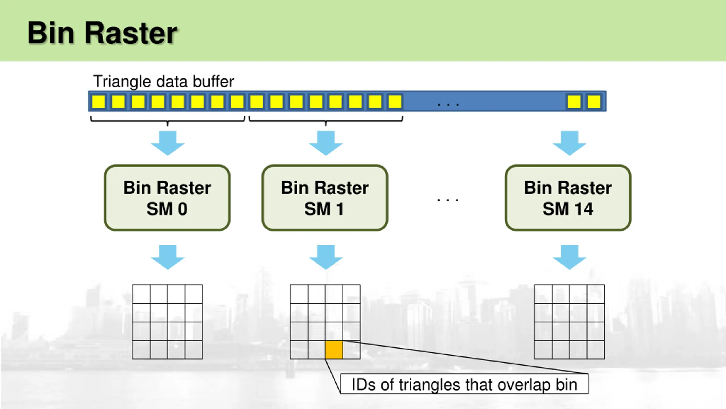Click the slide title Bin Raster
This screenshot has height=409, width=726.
coord(102,33)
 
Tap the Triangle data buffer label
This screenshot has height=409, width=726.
coord(164,82)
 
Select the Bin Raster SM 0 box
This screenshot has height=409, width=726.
coord(167,198)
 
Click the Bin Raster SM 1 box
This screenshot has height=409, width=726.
coord(325,198)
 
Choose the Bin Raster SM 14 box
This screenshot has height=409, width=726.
coord(568,198)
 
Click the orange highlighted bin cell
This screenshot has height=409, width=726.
coord(334,350)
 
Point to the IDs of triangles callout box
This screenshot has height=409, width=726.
coord(464,384)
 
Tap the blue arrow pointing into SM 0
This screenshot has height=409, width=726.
coord(168,143)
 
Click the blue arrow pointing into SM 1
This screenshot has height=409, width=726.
coord(326,143)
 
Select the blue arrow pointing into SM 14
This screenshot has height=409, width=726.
coord(569,143)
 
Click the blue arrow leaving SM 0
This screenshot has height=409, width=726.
coord(168,257)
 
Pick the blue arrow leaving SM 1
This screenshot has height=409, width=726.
coord(326,257)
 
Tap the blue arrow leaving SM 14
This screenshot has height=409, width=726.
coord(569,257)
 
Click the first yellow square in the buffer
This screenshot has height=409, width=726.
coord(99,101)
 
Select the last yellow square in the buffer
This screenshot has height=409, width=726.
coord(594,101)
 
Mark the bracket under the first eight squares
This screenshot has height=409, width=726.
coord(168,121)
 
